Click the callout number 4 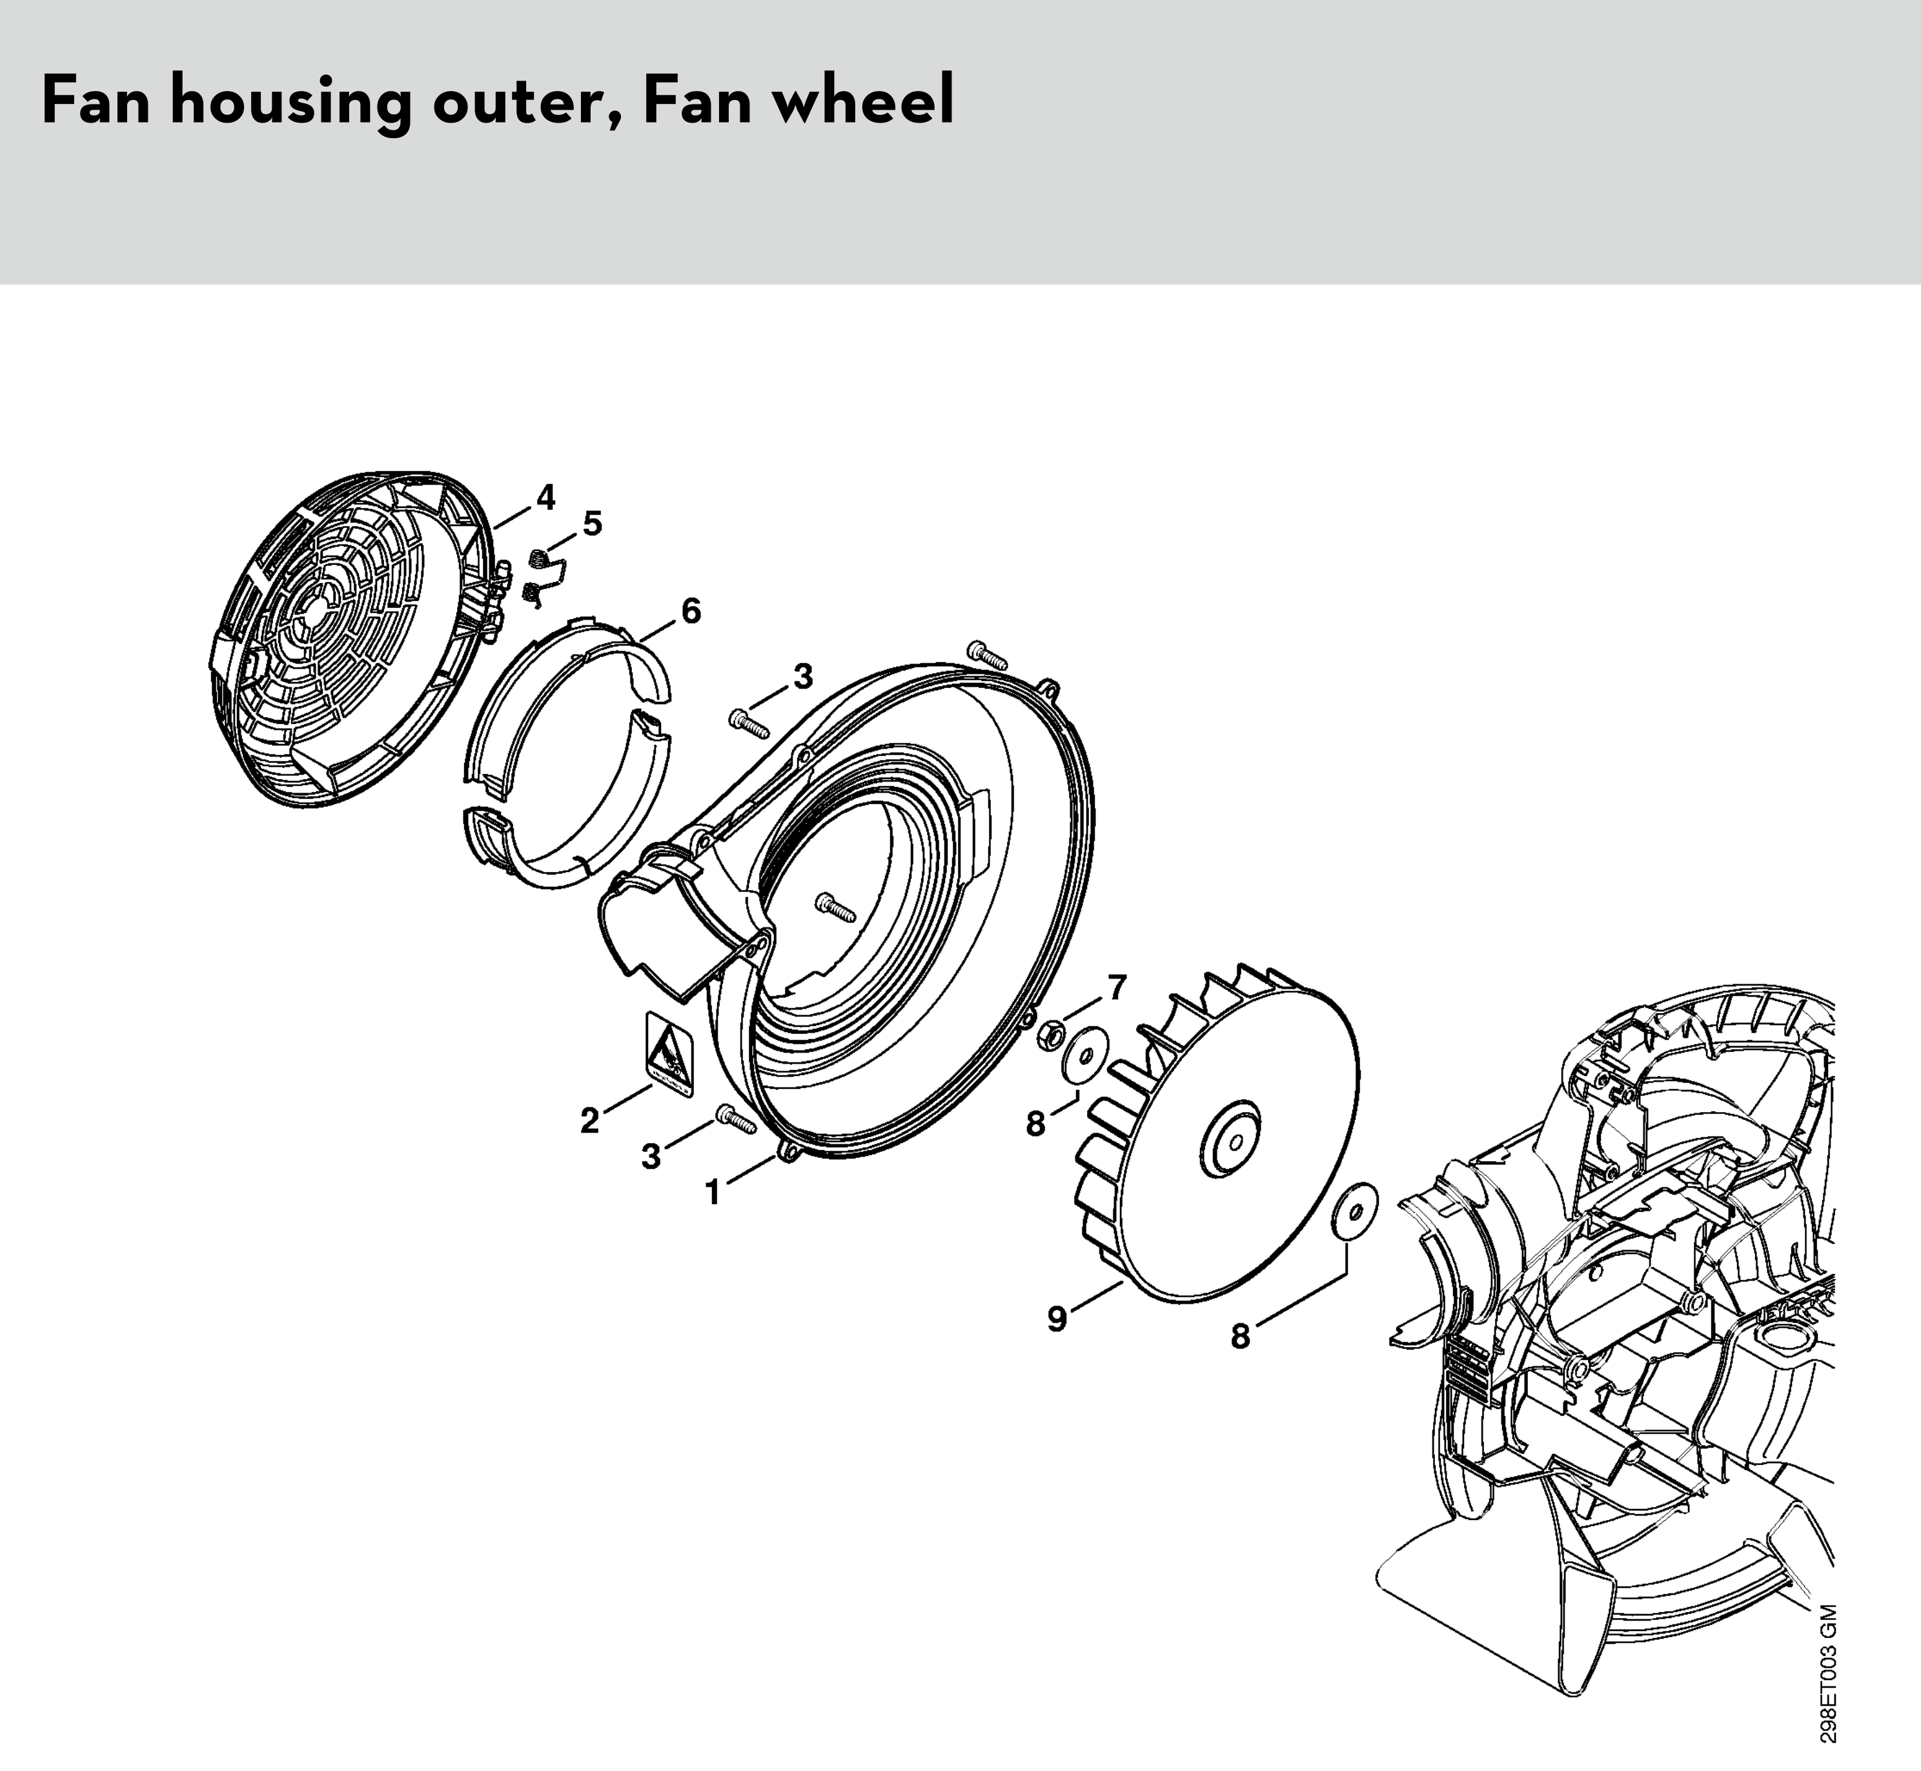tap(545, 498)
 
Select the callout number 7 tap(1117, 987)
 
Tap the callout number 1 tap(712, 1193)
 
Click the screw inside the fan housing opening tap(835, 907)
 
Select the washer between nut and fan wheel tap(1085, 1056)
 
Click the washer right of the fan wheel tap(1354, 1211)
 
